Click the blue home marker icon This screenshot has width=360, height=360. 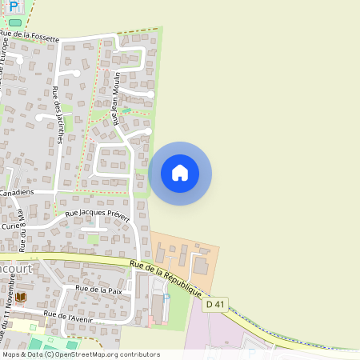180,173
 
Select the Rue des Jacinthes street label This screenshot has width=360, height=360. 60,117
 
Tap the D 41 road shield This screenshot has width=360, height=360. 214,304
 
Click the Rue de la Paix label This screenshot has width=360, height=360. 98,290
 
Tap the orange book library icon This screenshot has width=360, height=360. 22,297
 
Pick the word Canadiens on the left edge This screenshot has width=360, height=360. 16,193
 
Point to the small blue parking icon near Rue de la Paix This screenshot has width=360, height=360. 166,297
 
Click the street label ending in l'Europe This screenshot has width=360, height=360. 5,61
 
